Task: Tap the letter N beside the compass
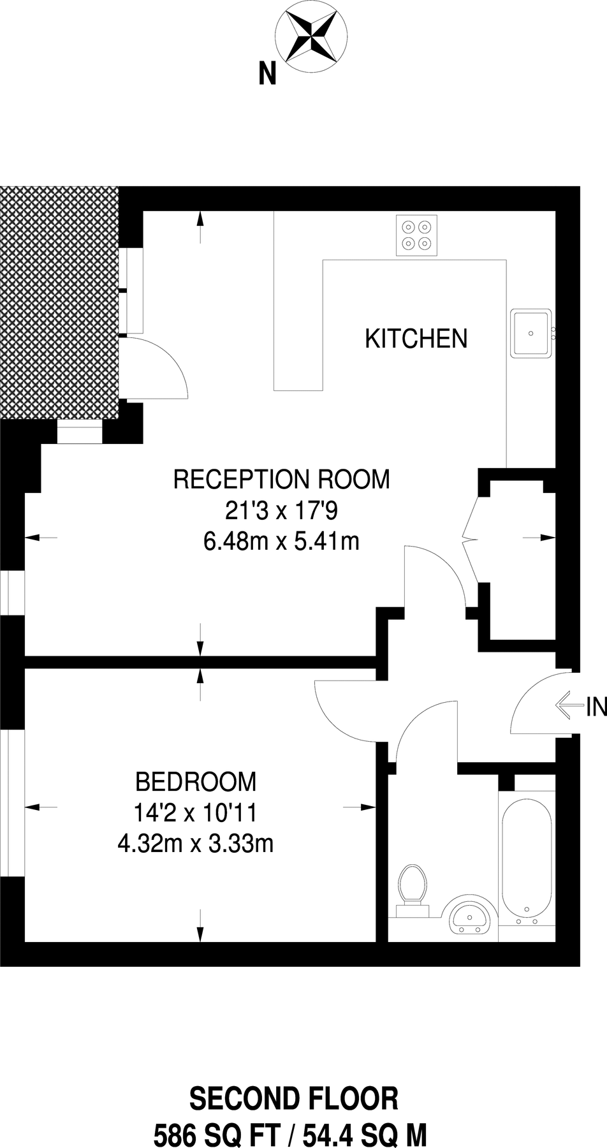click(x=267, y=75)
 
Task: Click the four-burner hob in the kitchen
click(x=417, y=235)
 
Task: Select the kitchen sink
click(x=531, y=332)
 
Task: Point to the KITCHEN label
click(x=416, y=339)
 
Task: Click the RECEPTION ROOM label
click(x=281, y=479)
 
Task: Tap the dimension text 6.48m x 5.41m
click(x=281, y=541)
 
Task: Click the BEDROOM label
click(x=196, y=781)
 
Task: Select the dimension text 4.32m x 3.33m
click(x=196, y=844)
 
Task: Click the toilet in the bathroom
click(x=411, y=887)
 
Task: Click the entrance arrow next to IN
click(x=570, y=706)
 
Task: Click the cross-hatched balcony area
click(x=59, y=302)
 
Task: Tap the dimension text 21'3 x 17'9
click(x=281, y=510)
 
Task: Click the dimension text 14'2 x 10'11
click(x=196, y=813)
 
